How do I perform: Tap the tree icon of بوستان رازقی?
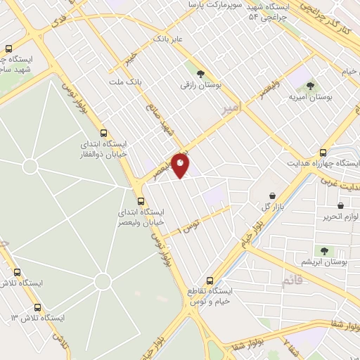[201, 73]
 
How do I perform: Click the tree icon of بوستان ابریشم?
[324, 251]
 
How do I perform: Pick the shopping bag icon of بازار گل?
[271, 195]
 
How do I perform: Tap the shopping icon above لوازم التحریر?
[341, 206]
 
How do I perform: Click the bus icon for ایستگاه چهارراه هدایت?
[323, 152]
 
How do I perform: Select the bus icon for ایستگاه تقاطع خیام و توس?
[209, 279]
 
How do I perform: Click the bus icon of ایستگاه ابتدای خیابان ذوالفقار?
[104, 132]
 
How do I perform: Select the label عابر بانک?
[169, 39]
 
